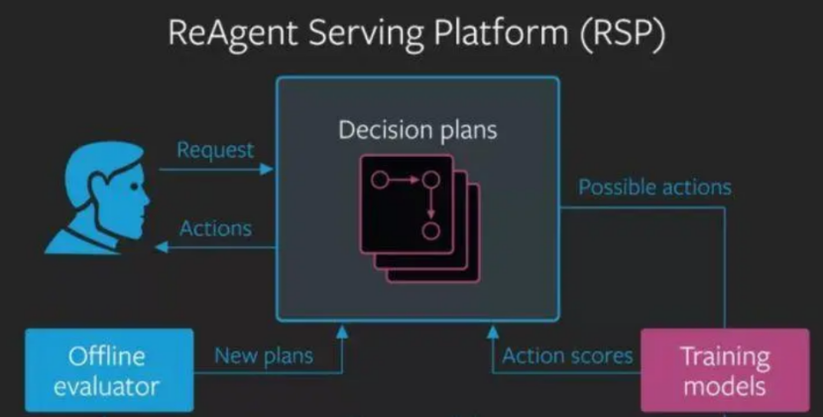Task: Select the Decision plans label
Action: click(417, 130)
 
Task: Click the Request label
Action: click(215, 151)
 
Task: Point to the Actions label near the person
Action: click(215, 228)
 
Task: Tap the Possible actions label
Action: click(654, 187)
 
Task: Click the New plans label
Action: click(263, 355)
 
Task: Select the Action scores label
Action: click(567, 355)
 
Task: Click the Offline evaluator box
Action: click(107, 370)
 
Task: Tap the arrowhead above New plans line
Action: click(342, 330)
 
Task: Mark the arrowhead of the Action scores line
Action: click(494, 330)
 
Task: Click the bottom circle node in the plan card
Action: click(430, 231)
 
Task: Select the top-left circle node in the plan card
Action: click(378, 180)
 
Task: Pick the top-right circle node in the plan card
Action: click(430, 180)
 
